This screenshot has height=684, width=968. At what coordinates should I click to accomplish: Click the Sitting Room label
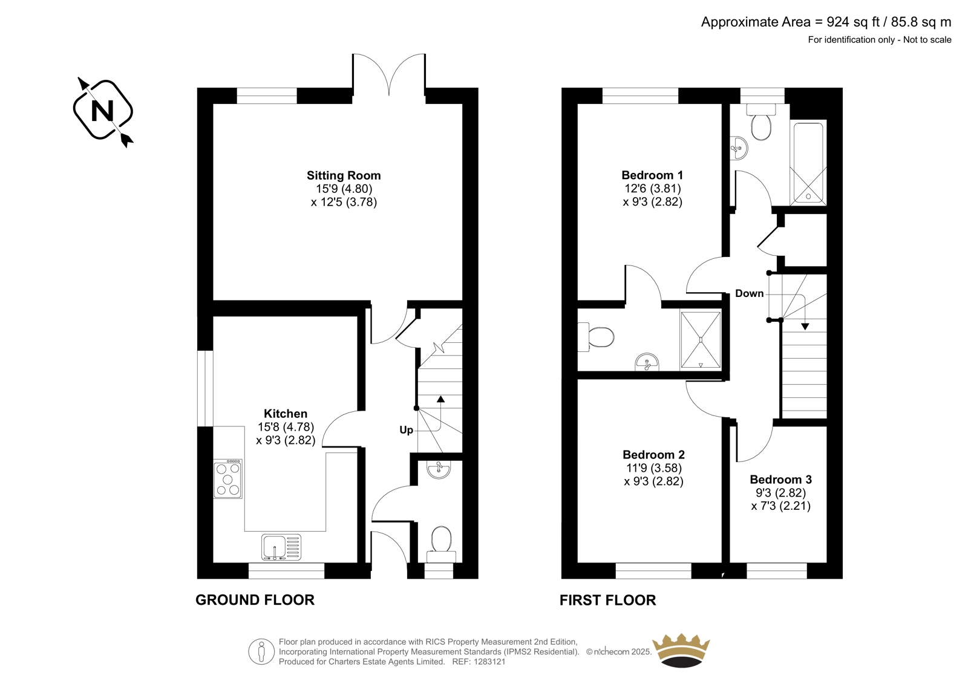click(344, 175)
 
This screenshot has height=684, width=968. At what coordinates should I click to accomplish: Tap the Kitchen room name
click(286, 414)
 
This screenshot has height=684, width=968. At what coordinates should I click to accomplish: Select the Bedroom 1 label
click(652, 175)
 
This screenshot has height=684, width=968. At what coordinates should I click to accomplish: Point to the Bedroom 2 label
click(653, 455)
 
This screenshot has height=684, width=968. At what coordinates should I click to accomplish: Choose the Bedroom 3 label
click(780, 479)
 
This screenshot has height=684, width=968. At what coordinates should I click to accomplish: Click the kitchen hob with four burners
click(227, 479)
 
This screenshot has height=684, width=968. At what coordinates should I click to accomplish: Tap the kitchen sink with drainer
click(281, 547)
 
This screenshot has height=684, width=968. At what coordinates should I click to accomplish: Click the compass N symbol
click(103, 110)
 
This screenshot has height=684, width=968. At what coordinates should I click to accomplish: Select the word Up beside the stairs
click(406, 430)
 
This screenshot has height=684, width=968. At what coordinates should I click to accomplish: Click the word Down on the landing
click(750, 293)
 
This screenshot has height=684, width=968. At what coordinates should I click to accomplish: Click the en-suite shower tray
click(701, 340)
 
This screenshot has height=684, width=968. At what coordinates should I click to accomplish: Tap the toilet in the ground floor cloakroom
click(441, 544)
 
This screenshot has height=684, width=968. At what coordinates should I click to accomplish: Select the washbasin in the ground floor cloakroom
click(439, 469)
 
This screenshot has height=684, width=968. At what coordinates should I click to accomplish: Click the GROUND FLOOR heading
click(255, 600)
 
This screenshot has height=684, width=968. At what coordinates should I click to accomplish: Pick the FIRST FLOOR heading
click(607, 600)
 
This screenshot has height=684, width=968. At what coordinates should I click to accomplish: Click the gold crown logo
click(681, 651)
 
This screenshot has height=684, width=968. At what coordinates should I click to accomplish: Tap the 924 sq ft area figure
click(853, 22)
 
